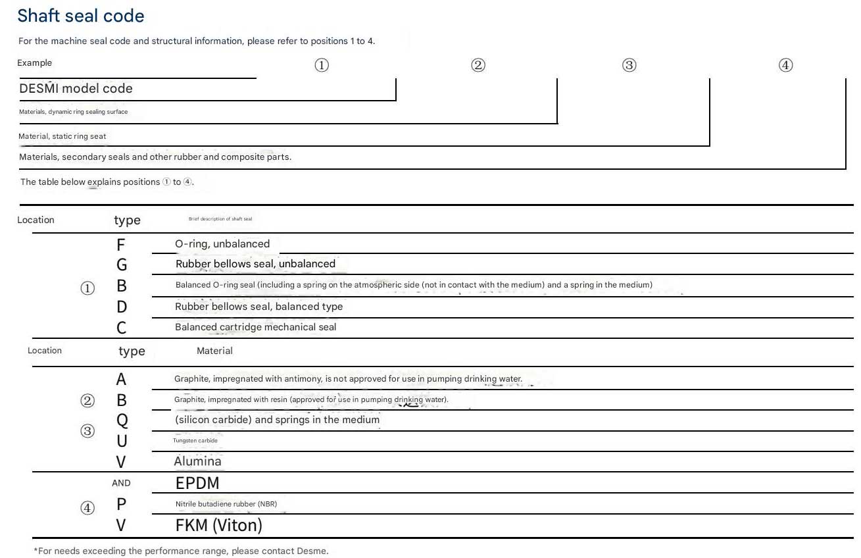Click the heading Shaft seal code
coord(81,16)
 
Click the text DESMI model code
coord(76,89)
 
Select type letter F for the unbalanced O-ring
coord(120,245)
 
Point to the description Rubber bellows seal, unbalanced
coord(255,264)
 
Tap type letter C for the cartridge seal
coord(122,328)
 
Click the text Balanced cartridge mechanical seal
coord(255,327)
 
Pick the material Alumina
coord(197,461)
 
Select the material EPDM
coord(197,484)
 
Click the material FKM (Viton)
coord(218,526)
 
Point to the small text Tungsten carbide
coord(195,441)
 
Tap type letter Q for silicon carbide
coord(122,420)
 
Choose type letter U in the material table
coord(122,441)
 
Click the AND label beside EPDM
coord(121,483)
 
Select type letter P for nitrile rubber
coord(122,504)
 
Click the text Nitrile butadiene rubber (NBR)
coord(226,505)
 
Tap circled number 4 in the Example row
coord(785,65)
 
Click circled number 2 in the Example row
coord(478,65)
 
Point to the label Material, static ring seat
coord(62,136)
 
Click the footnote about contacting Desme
coord(181,551)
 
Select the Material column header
coord(214,351)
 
